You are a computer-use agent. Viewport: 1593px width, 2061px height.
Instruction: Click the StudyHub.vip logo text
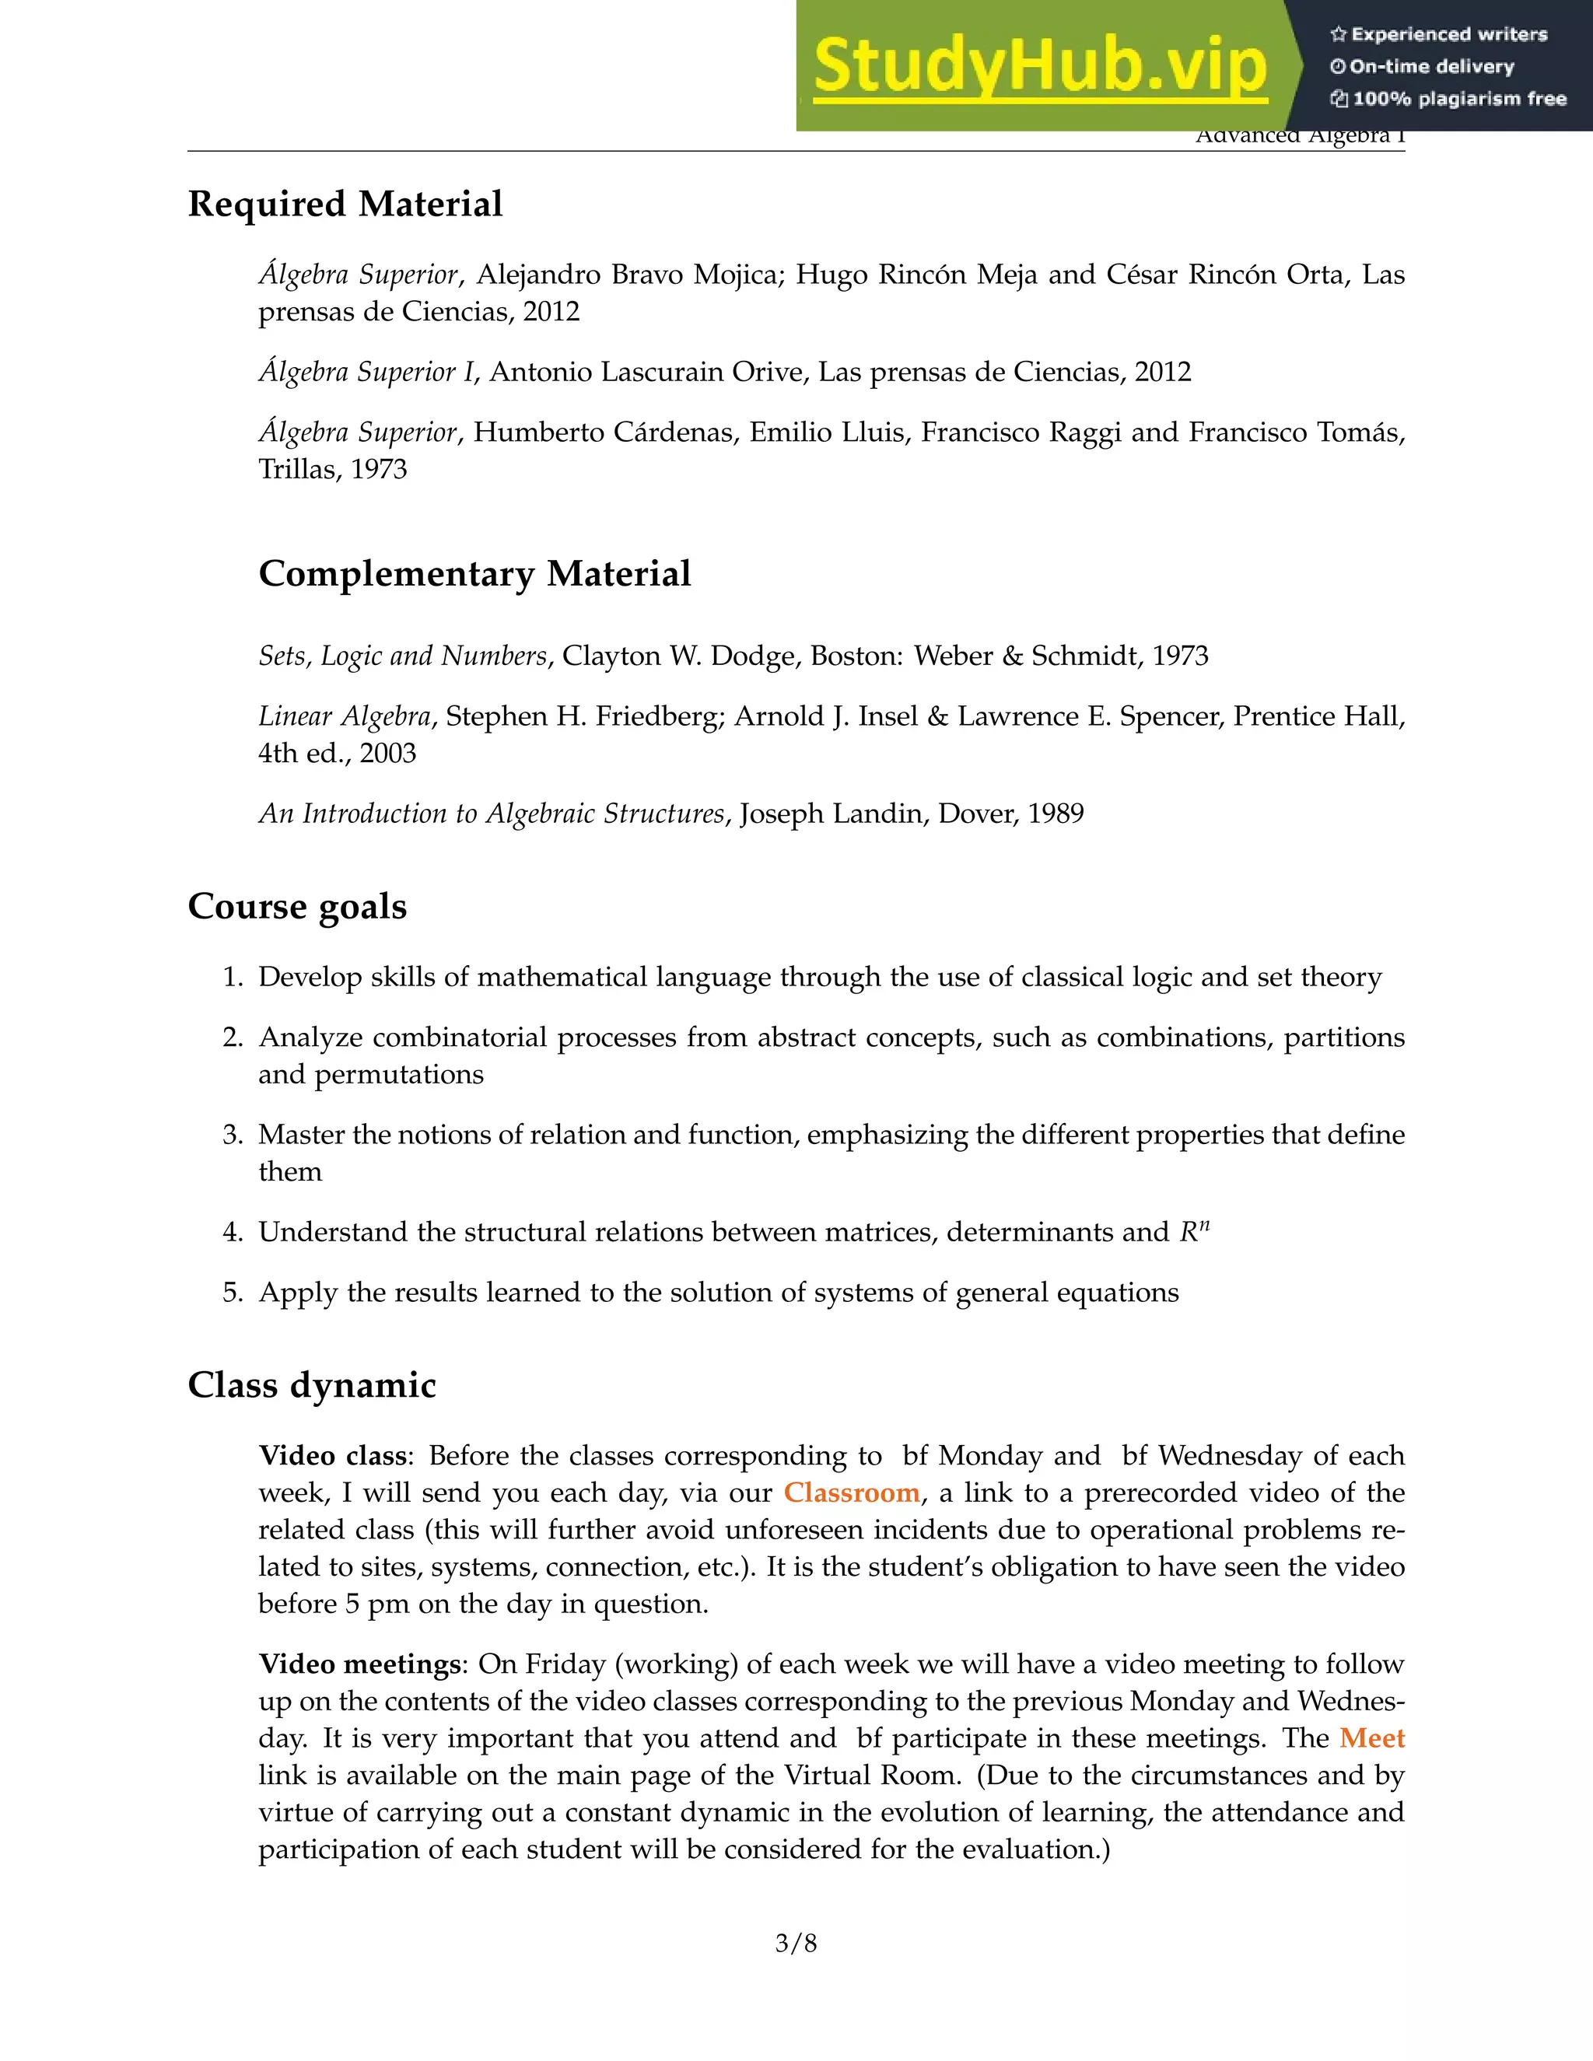point(1039,66)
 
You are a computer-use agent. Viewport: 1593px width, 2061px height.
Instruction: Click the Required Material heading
point(345,204)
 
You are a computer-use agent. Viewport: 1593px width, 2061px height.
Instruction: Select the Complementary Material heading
point(474,574)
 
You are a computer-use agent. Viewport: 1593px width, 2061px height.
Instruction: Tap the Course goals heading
point(297,906)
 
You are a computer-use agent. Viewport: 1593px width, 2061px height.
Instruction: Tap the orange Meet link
point(1372,1737)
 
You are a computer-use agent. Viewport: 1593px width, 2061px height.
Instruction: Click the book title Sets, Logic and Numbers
point(403,656)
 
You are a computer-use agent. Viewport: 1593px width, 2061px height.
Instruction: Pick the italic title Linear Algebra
point(345,716)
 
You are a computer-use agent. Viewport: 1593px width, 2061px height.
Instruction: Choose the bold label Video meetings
point(359,1664)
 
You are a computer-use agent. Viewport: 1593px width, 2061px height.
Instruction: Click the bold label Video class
point(333,1455)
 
